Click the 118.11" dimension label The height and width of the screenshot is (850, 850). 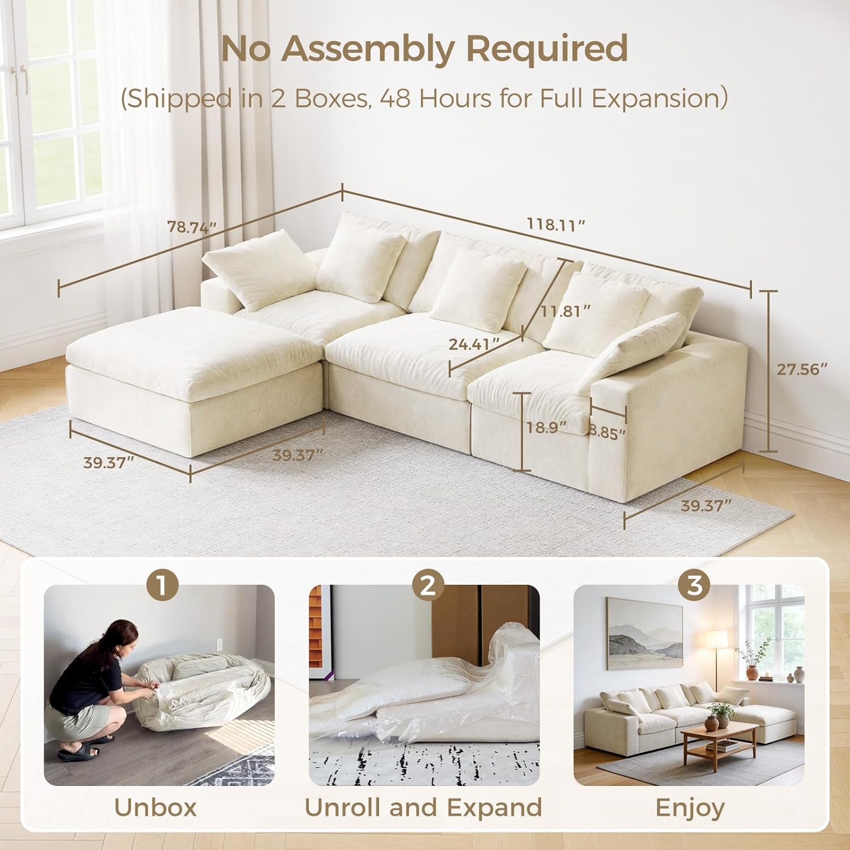click(556, 225)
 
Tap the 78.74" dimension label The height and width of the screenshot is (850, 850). click(192, 227)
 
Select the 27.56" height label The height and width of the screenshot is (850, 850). click(802, 369)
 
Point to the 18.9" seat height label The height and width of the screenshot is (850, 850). click(546, 427)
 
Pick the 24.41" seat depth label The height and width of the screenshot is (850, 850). click(474, 344)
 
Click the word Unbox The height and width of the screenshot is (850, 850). click(155, 807)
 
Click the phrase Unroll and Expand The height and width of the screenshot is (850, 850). click(423, 808)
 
